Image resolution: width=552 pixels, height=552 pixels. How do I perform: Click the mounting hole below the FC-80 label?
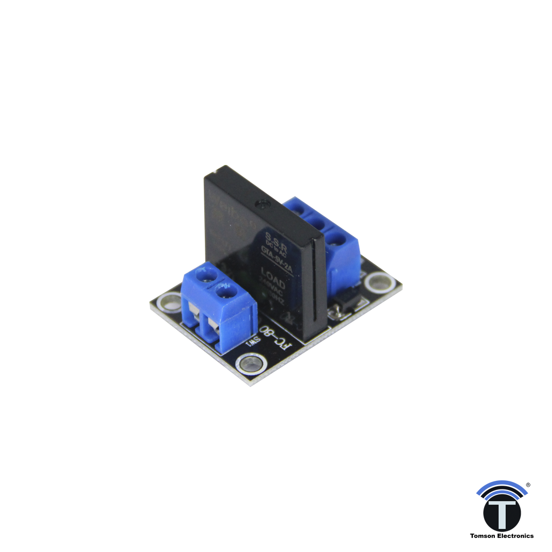click(x=250, y=364)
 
